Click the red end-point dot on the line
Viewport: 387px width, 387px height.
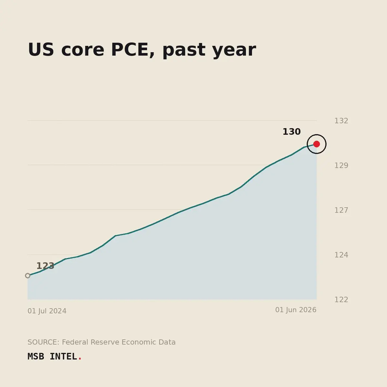coord(316,144)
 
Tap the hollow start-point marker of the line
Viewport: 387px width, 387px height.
coord(28,276)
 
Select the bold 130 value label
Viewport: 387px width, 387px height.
coord(292,132)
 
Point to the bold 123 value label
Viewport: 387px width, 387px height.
coord(45,266)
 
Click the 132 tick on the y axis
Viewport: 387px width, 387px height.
coord(341,121)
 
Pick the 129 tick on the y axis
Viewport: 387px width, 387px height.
coord(341,165)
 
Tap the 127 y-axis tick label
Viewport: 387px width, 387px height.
coord(341,210)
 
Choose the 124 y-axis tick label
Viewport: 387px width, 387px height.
coord(341,255)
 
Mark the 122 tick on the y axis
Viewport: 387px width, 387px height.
coord(341,300)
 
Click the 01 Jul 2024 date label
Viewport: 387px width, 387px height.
coord(47,311)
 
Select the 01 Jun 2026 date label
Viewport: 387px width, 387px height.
coord(296,310)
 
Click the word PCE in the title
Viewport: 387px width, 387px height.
coord(133,50)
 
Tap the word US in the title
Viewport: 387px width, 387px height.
coord(41,50)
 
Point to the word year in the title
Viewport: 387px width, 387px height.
coord(234,50)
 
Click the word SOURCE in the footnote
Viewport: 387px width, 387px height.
coord(44,342)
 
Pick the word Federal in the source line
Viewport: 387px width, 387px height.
coord(75,342)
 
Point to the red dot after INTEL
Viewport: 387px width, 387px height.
coord(80,359)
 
